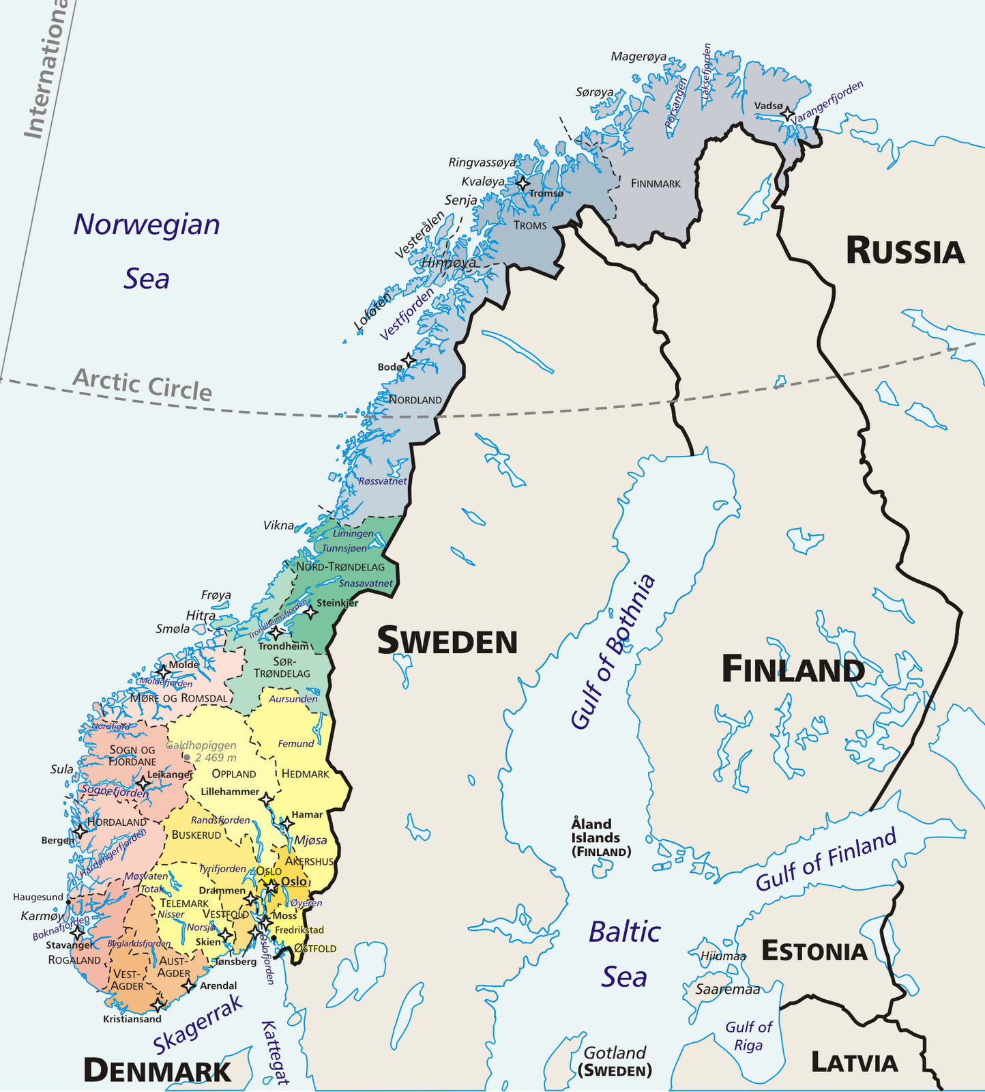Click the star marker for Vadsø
pyautogui.click(x=788, y=114)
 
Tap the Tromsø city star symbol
pyautogui.click(x=523, y=184)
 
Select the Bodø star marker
pyautogui.click(x=408, y=360)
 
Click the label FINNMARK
pyautogui.click(x=656, y=184)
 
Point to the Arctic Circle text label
pyautogui.click(x=143, y=384)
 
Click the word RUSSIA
pyautogui.click(x=905, y=252)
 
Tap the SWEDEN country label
pyautogui.click(x=447, y=642)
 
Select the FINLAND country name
pyautogui.click(x=793, y=670)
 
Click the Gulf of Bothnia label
pyautogui.click(x=613, y=652)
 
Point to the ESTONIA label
pyautogui.click(x=814, y=951)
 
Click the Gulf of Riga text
pyautogui.click(x=748, y=1035)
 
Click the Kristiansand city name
pyautogui.click(x=132, y=1019)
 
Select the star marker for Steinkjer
pyautogui.click(x=310, y=612)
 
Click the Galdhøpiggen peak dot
pyautogui.click(x=187, y=758)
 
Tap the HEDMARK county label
pyautogui.click(x=305, y=774)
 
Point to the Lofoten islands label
pyautogui.click(x=373, y=311)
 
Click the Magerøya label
pyautogui.click(x=638, y=57)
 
